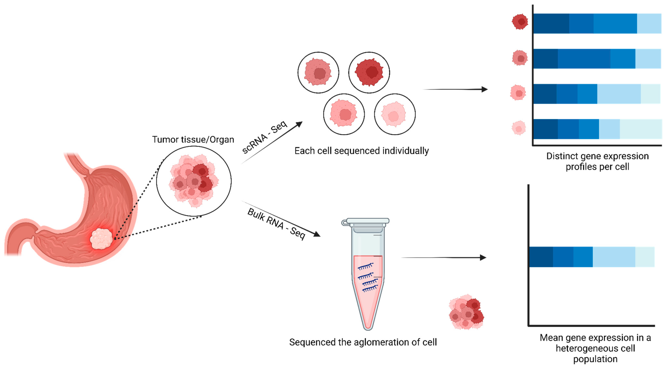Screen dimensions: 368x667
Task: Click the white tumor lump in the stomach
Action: (x=101, y=239)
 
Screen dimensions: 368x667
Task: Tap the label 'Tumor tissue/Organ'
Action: (x=193, y=140)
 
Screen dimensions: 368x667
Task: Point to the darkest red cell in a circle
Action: (x=369, y=72)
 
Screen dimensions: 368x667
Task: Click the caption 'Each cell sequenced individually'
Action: (x=361, y=151)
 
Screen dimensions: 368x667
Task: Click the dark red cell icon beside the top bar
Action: (x=520, y=22)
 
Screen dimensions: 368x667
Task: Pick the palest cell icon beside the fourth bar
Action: (x=519, y=128)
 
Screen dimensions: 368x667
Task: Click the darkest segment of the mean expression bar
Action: (x=541, y=257)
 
